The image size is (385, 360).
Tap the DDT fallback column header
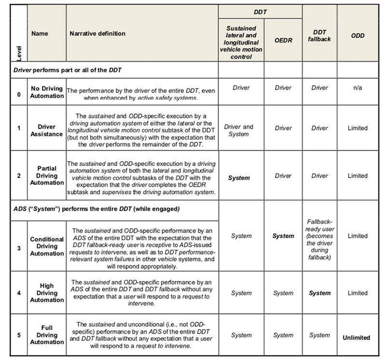[x=320, y=36]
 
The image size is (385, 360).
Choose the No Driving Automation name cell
[x=47, y=92]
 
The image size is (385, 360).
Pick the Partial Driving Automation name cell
[x=47, y=176]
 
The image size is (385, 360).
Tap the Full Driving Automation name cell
[x=47, y=335]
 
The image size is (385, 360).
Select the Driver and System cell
[x=241, y=130]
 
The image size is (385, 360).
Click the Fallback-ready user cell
[x=320, y=239]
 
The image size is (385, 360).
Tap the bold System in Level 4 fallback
[x=320, y=293]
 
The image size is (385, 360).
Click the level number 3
[x=19, y=248]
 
